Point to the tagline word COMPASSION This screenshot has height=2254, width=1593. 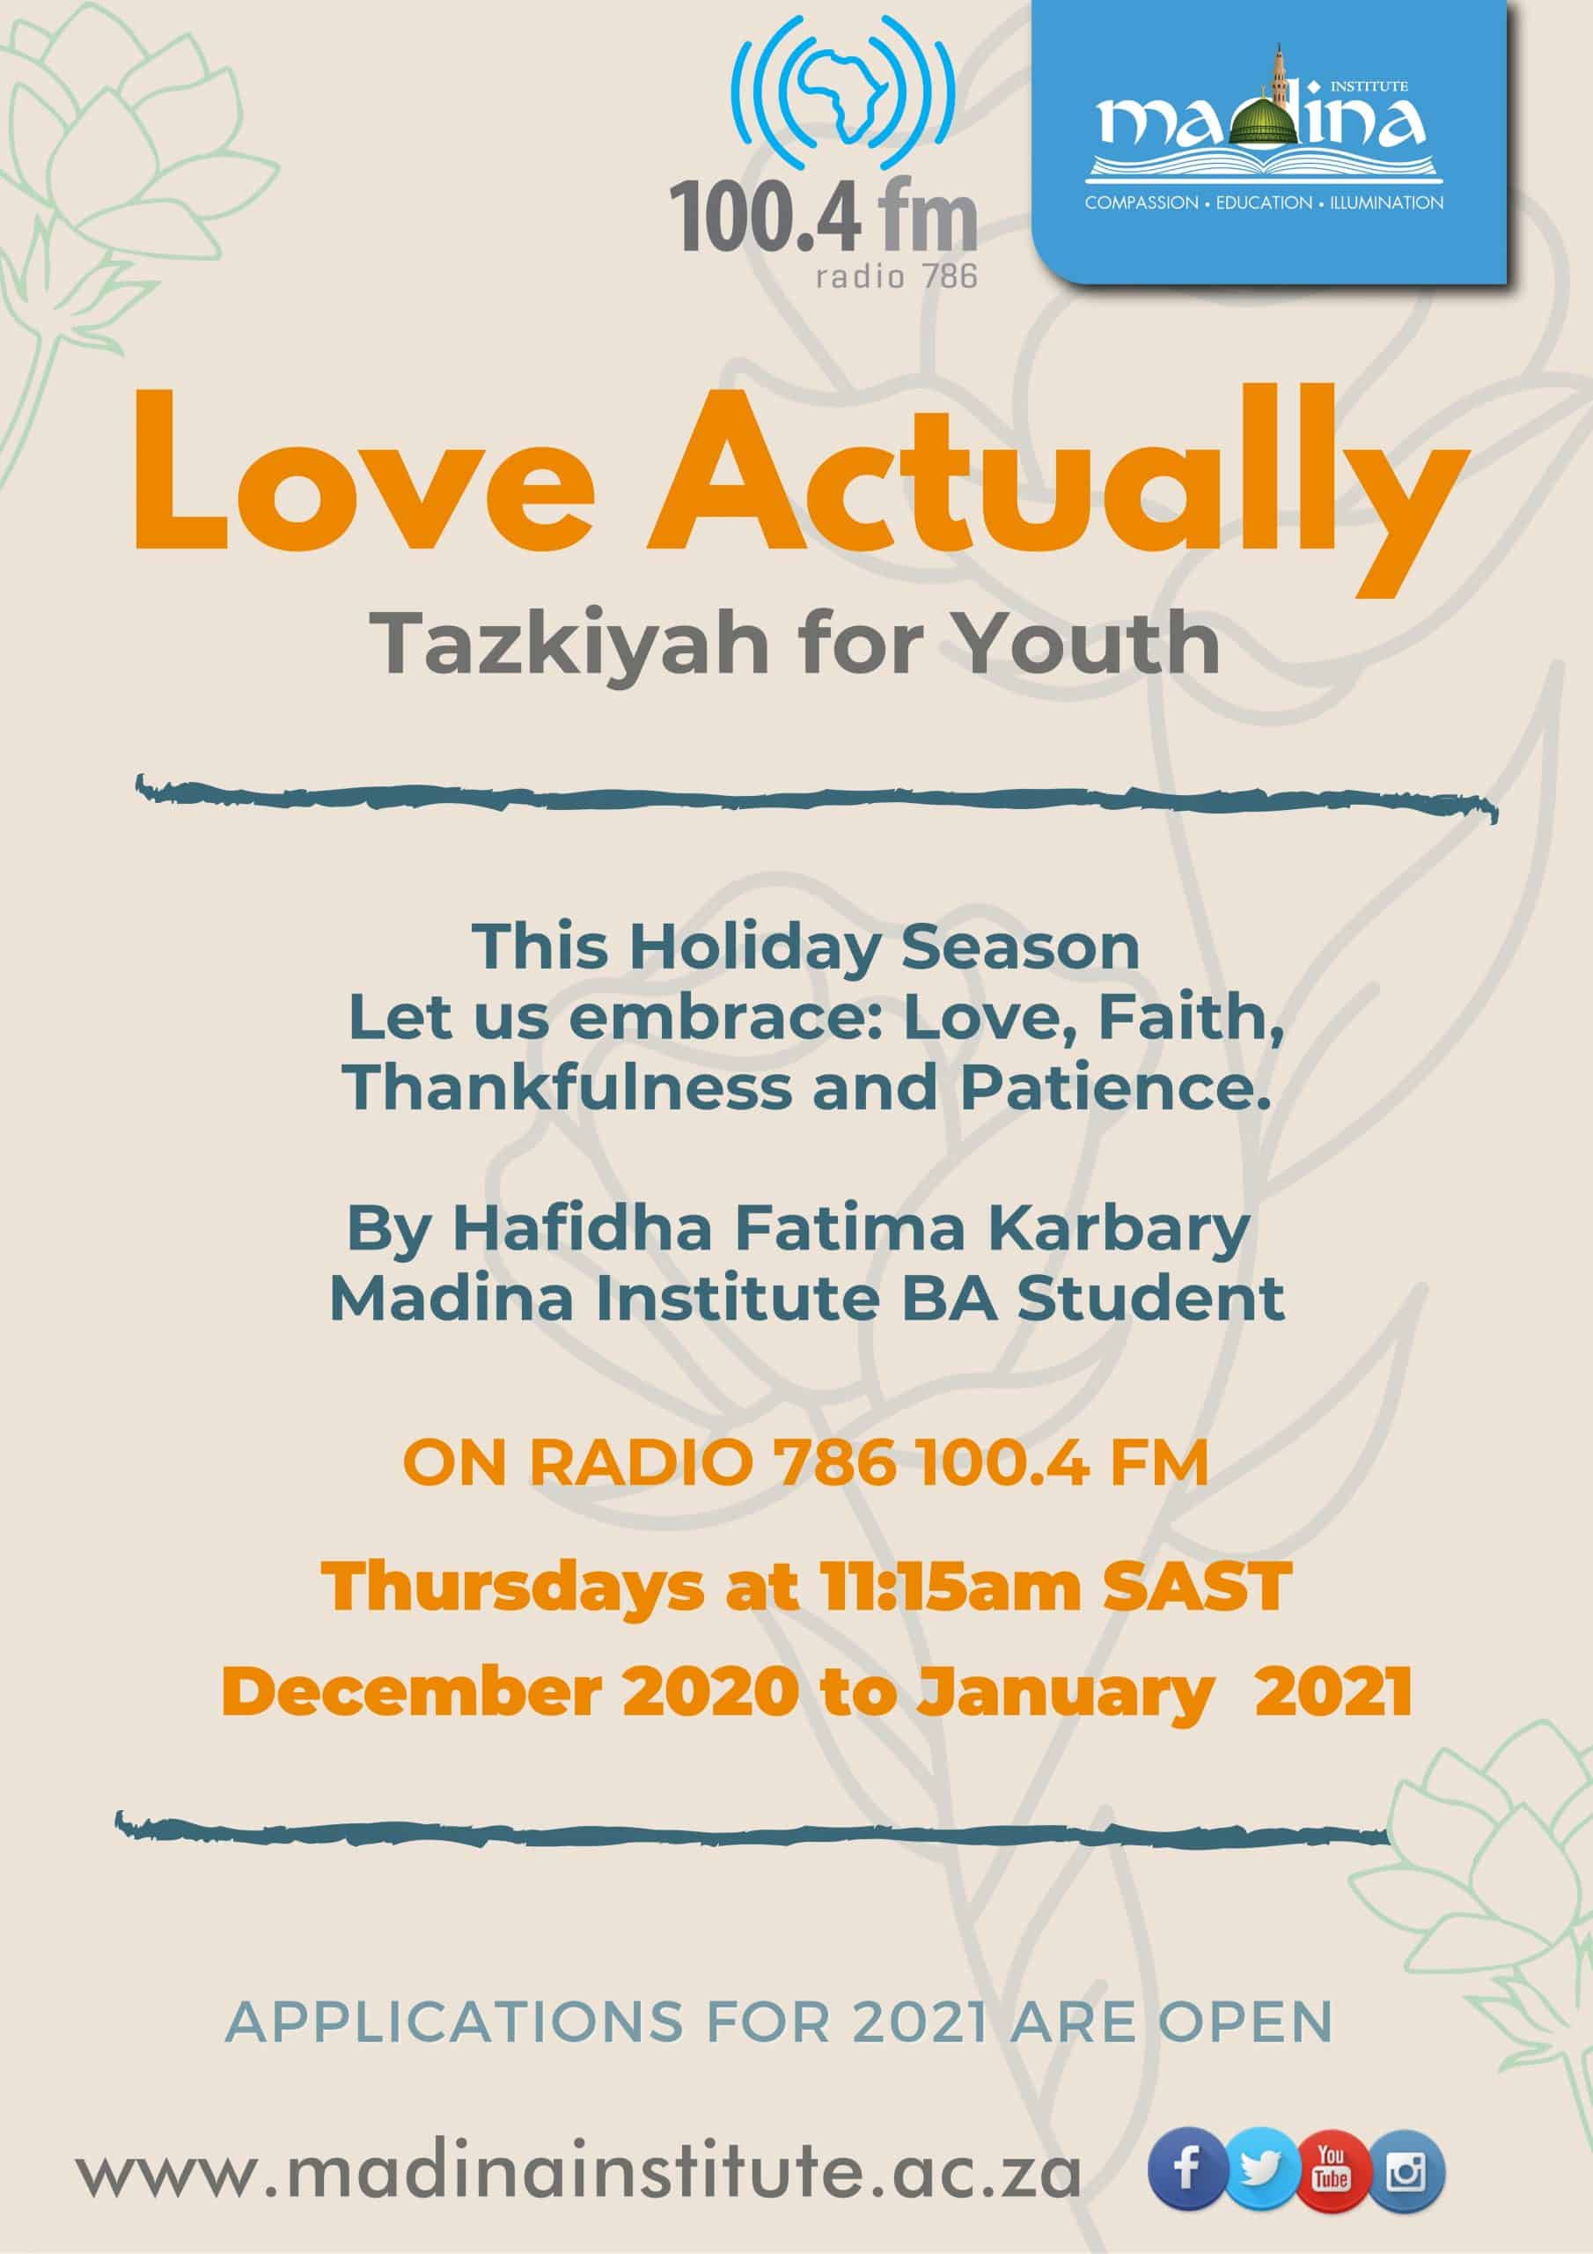point(1142,203)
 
